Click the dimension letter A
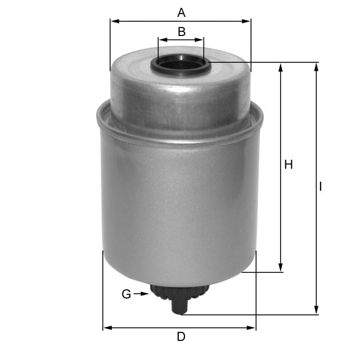[181, 11]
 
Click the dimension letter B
[181, 31]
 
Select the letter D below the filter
[181, 337]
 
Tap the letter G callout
[127, 294]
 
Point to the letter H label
[289, 165]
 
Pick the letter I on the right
[321, 186]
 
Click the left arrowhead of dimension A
[114, 21]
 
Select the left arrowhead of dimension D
[106, 327]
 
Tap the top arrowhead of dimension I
[316, 66]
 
